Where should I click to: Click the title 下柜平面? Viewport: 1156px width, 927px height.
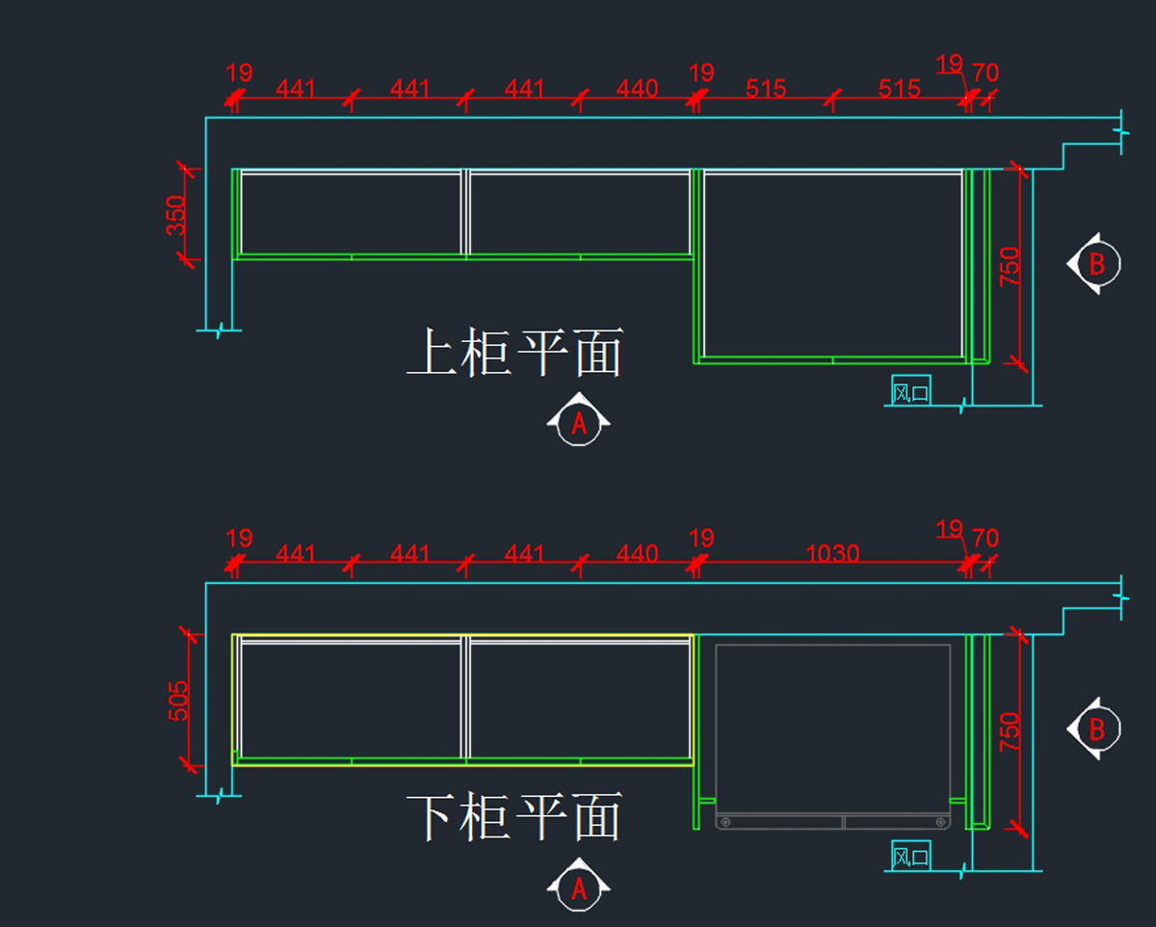[x=515, y=818]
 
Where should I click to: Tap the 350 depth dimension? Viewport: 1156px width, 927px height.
[x=175, y=216]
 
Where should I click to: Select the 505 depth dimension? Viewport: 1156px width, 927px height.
[x=178, y=701]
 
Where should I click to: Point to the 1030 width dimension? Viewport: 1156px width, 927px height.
[x=832, y=554]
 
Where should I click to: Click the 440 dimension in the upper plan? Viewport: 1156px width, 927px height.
[x=637, y=90]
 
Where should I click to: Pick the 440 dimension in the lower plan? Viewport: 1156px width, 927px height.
[x=637, y=554]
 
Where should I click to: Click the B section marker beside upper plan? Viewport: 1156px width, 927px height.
[x=1095, y=263]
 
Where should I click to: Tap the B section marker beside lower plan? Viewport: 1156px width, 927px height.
[x=1095, y=729]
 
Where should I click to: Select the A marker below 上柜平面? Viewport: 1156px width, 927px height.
[x=579, y=422]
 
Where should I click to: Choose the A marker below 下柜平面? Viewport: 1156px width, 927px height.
[x=579, y=888]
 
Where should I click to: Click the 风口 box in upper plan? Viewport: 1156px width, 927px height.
[x=910, y=390]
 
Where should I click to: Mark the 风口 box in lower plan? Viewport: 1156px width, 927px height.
[x=910, y=856]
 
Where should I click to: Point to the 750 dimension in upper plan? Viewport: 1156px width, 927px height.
[x=1009, y=266]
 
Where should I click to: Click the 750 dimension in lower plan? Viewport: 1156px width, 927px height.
[x=1009, y=731]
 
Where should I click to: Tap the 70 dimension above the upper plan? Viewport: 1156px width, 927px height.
[x=985, y=72]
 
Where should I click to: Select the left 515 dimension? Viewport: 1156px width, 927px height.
[x=766, y=90]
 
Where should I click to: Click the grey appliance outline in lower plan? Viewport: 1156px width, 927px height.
[x=833, y=732]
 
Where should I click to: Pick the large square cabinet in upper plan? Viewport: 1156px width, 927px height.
[x=833, y=265]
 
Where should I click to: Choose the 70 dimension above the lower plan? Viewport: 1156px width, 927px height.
[x=985, y=538]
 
